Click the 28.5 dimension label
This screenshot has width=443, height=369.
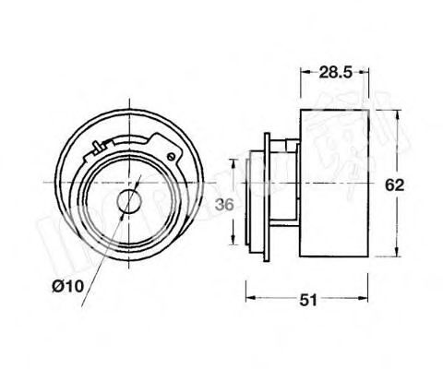(x=335, y=70)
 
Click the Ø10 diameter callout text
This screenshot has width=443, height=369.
(x=71, y=288)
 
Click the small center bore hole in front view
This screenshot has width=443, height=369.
(x=129, y=201)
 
